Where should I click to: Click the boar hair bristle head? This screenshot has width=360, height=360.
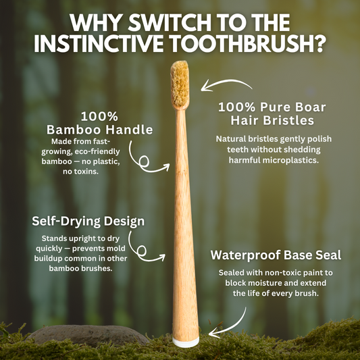click(180, 84)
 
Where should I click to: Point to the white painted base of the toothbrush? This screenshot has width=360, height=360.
click(186, 342)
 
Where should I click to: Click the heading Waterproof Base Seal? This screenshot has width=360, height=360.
click(276, 255)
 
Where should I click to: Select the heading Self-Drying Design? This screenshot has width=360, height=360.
click(88, 222)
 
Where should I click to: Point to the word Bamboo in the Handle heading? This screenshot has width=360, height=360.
click(74, 130)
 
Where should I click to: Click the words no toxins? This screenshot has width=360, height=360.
click(80, 172)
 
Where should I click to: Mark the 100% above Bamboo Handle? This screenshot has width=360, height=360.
click(99, 116)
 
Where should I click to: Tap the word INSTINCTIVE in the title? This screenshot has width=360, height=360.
click(99, 44)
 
